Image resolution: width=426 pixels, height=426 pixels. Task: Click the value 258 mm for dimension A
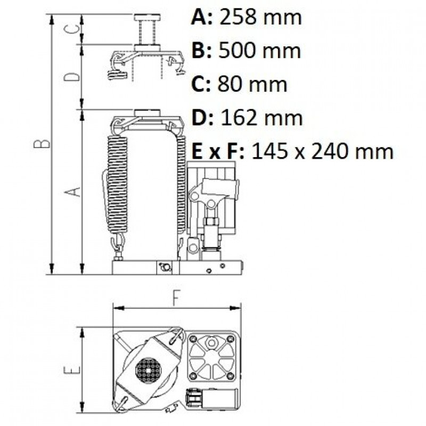tap(260, 18)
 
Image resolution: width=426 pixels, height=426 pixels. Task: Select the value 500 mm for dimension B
tap(260, 51)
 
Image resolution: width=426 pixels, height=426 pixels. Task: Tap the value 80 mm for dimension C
tap(252, 85)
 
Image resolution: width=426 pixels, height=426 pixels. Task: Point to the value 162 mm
tap(261, 118)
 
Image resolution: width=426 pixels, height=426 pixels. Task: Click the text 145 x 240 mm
tap(323, 152)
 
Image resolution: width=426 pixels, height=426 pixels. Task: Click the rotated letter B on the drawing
tap(42, 144)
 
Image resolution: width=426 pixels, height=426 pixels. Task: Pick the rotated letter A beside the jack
tap(72, 192)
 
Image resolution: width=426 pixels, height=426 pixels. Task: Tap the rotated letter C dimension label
tap(72, 29)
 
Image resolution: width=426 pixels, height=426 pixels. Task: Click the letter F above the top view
tap(177, 298)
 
